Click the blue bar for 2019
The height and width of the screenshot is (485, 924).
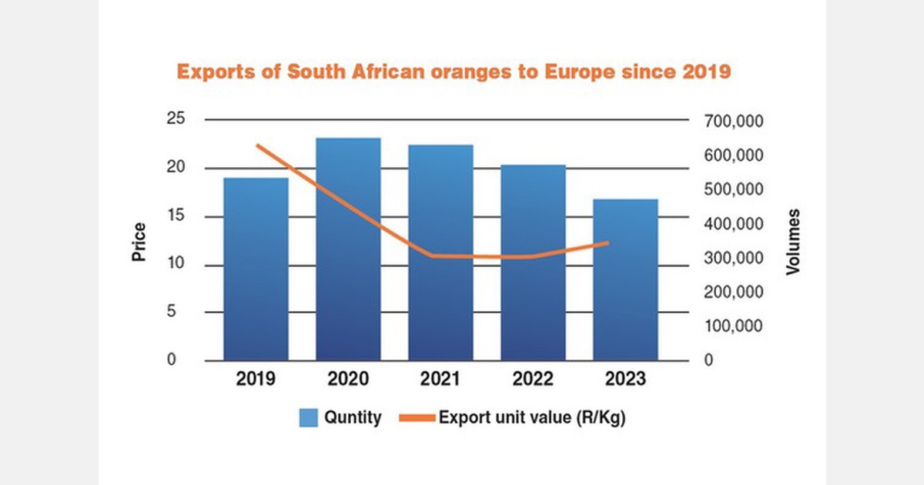coord(256,269)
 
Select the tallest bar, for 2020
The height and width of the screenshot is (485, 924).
coord(348,249)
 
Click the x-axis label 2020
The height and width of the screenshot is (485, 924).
coord(348,379)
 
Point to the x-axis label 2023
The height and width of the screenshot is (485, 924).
coord(625,379)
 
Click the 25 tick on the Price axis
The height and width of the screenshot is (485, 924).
coord(176,120)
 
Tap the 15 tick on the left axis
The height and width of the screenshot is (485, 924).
coord(176,217)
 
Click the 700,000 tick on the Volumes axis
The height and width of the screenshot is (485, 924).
coord(734,122)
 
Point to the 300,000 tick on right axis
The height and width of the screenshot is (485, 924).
coord(734,258)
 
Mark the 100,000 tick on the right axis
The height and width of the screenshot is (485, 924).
coord(734,326)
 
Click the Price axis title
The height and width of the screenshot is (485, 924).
coord(139,242)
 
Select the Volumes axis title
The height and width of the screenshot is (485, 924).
coord(792,242)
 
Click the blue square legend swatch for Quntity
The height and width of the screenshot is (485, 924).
coord(309,418)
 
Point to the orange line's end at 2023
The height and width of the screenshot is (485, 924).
coord(608,242)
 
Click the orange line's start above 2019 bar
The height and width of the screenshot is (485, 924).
coord(257,145)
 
